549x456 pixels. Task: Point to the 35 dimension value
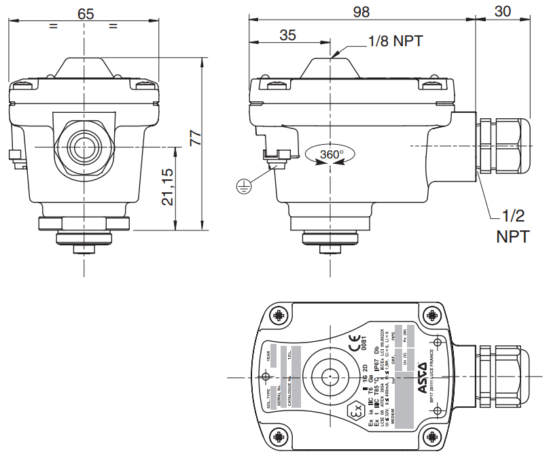288,35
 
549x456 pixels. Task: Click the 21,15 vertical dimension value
168,187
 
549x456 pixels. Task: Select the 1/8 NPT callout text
395,41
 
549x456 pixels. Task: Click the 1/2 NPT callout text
510,226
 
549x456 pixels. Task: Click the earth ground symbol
243,184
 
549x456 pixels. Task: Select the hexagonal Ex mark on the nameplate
354,412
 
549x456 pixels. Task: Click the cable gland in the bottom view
502,376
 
